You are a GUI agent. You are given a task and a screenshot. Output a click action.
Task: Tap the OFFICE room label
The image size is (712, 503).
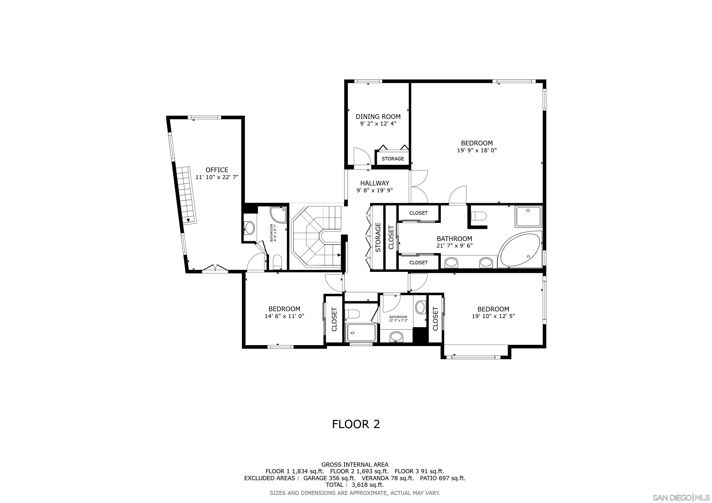point(217,170)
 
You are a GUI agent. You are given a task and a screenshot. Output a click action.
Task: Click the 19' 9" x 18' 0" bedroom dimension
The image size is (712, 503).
point(477,151)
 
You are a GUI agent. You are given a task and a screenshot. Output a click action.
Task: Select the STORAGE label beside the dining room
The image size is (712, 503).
point(393,159)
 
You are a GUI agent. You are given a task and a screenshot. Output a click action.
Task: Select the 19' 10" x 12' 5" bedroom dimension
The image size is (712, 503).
point(493,316)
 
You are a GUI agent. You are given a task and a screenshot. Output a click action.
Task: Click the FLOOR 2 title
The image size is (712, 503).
point(356,424)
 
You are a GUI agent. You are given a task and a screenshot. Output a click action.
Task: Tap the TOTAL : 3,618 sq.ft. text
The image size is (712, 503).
point(355,485)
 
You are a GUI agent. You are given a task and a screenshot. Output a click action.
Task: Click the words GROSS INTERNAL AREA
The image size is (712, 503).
point(355,465)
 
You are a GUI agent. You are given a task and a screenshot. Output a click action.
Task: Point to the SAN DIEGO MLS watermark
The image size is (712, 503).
point(681,498)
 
